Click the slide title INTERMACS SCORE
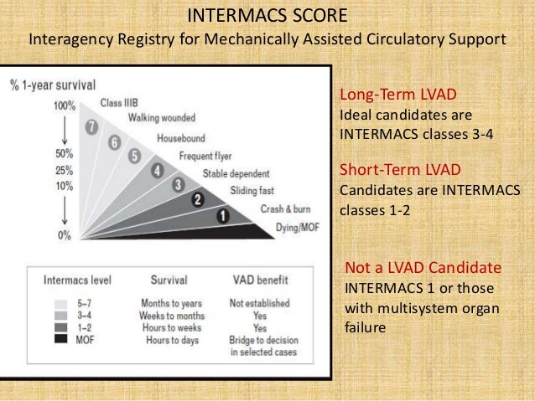[x=267, y=16]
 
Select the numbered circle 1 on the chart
[x=223, y=215]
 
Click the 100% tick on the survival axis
[x=65, y=106]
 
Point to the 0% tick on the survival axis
[x=65, y=235]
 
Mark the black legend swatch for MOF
[x=61, y=338]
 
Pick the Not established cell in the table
[x=259, y=303]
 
